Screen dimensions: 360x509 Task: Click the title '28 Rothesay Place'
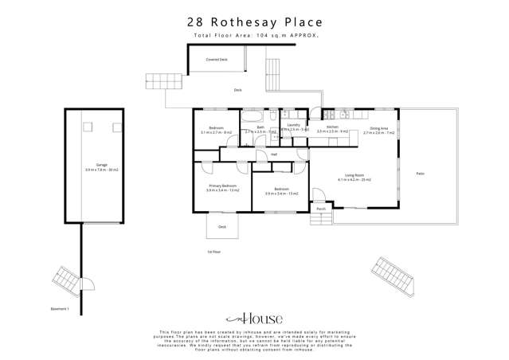[255, 22]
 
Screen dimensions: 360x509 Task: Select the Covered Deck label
[217, 60]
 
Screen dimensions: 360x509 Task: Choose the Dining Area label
[379, 128]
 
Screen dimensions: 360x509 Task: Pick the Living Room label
[354, 175]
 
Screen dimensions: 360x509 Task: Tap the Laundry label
[293, 126]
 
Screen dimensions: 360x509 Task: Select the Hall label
[274, 154]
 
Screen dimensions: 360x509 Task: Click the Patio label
[421, 174]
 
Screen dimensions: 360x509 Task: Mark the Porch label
[321, 209]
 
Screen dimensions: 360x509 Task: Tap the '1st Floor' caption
[213, 252]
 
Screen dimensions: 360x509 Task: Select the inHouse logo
[255, 316]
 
